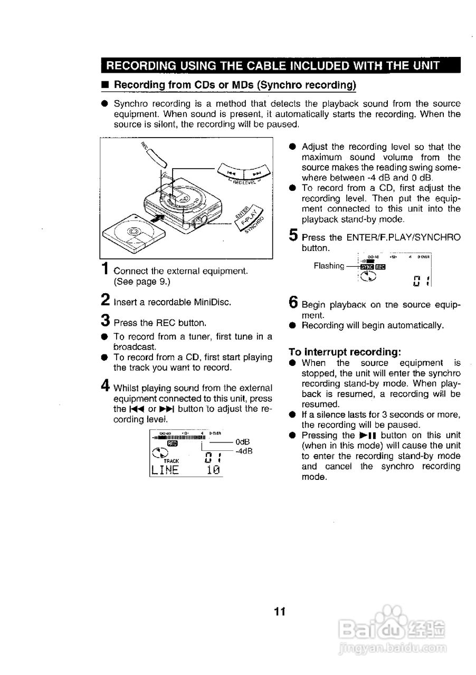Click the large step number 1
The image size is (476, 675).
click(x=106, y=268)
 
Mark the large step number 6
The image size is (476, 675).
click(x=293, y=302)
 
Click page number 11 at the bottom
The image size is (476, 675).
click(x=280, y=612)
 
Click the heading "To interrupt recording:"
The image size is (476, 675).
click(x=345, y=351)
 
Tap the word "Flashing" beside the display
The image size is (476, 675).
click(x=328, y=266)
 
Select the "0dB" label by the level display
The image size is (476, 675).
click(x=243, y=442)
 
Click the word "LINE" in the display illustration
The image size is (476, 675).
click(x=165, y=470)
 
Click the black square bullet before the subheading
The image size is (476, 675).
click(x=105, y=85)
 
